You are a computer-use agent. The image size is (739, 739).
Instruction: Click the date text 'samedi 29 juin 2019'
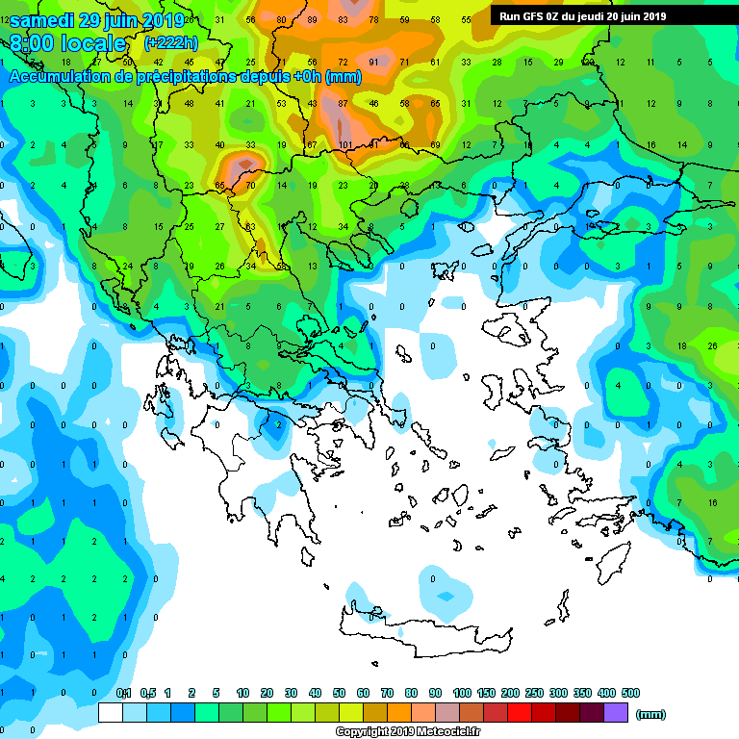[x=96, y=20]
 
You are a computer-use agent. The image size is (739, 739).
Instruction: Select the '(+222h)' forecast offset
[x=171, y=44]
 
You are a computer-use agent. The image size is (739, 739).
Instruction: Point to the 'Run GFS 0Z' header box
[x=583, y=15]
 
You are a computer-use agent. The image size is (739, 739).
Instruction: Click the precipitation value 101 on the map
[x=344, y=145]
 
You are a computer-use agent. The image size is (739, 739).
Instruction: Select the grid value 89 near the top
[x=313, y=19]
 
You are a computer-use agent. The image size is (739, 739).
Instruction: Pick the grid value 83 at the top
[x=344, y=19]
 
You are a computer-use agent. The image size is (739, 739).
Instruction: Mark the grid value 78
[x=374, y=19]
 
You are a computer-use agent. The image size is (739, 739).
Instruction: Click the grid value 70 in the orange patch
[x=251, y=186]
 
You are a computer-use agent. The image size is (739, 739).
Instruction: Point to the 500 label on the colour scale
[x=630, y=693]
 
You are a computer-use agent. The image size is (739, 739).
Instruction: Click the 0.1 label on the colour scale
[x=124, y=693]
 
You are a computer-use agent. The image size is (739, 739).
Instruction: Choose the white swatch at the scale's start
[x=111, y=712]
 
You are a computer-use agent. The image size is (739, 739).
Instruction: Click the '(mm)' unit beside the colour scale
[x=651, y=714]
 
